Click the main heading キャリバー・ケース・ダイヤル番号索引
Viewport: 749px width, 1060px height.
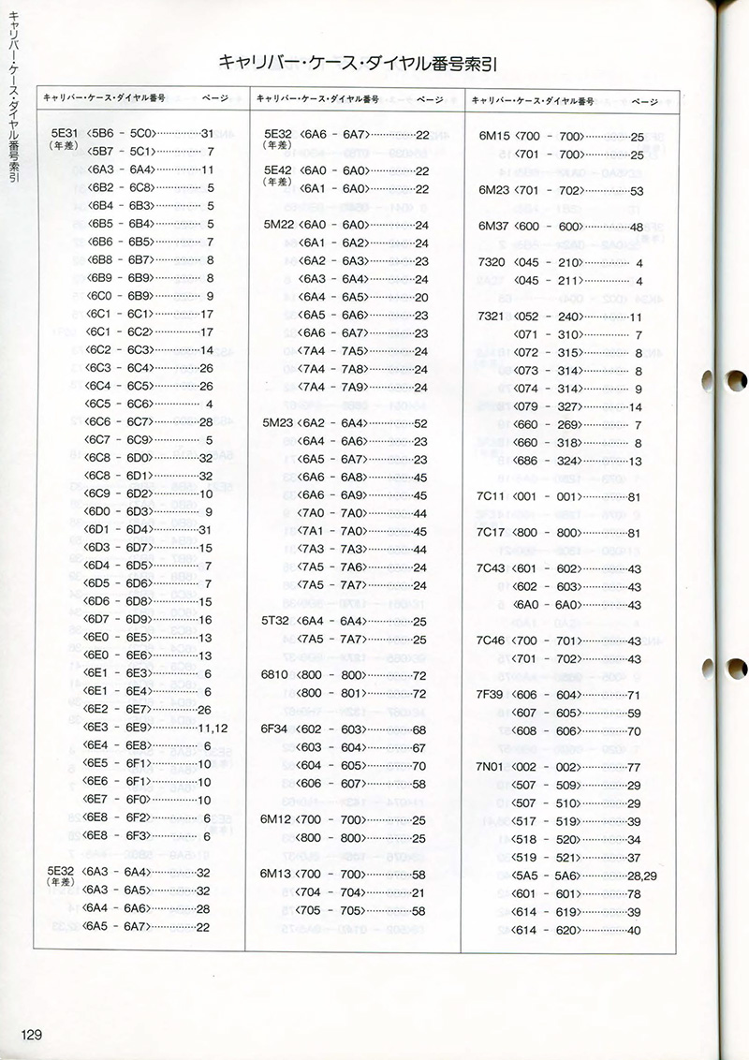tap(357, 63)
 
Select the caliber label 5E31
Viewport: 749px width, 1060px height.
tap(64, 133)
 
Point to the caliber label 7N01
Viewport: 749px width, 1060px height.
tap(492, 767)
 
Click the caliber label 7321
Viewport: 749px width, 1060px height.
tap(492, 317)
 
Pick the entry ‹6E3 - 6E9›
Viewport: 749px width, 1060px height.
tap(118, 728)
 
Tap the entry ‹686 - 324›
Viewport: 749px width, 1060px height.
tap(548, 461)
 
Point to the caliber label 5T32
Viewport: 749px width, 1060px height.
tap(277, 621)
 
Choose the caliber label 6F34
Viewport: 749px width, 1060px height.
tap(277, 729)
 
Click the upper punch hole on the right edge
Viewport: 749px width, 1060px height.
tap(737, 380)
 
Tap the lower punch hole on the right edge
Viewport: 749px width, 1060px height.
tap(737, 669)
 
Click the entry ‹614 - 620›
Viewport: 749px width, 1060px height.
tap(550, 930)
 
